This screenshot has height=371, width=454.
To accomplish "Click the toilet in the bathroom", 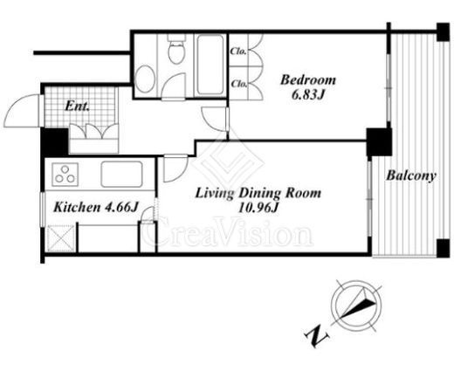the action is coord(176,50).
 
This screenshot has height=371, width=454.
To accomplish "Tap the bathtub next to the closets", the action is coord(210,65).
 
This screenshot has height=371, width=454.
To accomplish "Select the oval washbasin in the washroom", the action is coord(145,79).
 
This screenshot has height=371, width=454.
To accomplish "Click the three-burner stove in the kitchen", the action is coord(65,175).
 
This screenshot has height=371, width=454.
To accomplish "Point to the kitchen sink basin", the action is coord(121,175).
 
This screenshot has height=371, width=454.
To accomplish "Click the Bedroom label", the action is coord(308,80).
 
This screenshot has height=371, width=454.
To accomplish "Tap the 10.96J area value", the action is coord(258,208).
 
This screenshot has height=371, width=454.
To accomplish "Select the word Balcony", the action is coord(411,176).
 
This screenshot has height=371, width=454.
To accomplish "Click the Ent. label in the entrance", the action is coord(77,106).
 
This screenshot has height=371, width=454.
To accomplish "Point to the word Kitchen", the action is coord(77,208).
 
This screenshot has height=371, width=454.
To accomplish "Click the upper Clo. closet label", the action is coord(238,52).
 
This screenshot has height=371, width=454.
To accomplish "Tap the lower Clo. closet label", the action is coord(239,84).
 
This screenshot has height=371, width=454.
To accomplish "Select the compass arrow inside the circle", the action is coord(358,306).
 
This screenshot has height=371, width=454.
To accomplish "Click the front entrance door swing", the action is coord(21,111).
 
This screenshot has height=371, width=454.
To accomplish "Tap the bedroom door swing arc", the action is coord(214,120).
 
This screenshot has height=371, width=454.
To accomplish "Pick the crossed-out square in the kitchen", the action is coord(61,238).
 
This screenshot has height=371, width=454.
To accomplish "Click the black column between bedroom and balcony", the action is coord(379,142).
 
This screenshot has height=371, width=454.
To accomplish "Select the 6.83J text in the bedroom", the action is coord(308,95).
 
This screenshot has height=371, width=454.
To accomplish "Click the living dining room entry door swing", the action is coord(175,168).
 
